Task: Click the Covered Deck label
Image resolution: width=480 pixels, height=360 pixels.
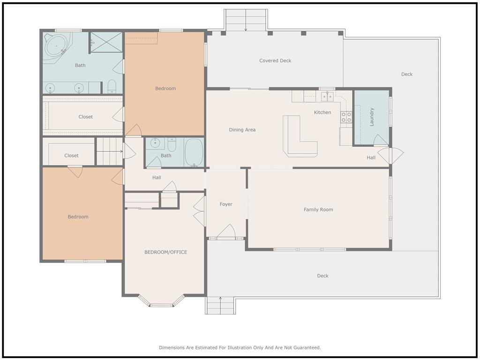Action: [275, 60]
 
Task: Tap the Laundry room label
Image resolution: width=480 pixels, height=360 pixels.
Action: [372, 117]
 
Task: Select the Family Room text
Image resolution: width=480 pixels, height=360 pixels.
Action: [318, 210]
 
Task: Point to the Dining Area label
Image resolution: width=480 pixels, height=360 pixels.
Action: [242, 130]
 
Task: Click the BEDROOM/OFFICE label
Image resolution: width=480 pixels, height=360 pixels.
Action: [165, 252]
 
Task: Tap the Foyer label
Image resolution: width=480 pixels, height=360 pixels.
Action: [226, 204]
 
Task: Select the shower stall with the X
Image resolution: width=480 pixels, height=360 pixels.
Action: [106, 42]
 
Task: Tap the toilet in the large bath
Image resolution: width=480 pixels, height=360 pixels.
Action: [112, 87]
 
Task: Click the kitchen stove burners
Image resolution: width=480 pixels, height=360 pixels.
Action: [346, 117]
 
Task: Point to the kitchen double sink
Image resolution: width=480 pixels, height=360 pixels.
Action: [327, 97]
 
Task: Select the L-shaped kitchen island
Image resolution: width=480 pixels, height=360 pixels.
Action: [300, 136]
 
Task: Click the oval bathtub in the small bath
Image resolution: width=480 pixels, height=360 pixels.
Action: [194, 152]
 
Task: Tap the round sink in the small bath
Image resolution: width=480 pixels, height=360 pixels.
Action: [155, 143]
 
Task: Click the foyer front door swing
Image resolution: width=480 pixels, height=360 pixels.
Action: [226, 231]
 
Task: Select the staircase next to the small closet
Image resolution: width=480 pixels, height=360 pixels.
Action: [110, 151]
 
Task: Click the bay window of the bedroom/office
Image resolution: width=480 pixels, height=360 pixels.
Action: [161, 301]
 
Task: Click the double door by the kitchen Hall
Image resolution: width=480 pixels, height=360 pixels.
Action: [390, 156]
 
